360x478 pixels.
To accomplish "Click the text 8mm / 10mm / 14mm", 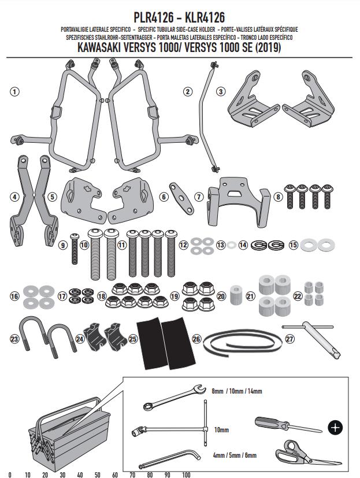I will coord(237,391).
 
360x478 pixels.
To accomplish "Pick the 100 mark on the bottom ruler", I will coord(186,474).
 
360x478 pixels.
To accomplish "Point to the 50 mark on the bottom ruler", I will coord(98,474).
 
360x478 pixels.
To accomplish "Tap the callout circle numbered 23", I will coord(15,339).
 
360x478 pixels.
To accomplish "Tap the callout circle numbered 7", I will coord(199,197).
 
